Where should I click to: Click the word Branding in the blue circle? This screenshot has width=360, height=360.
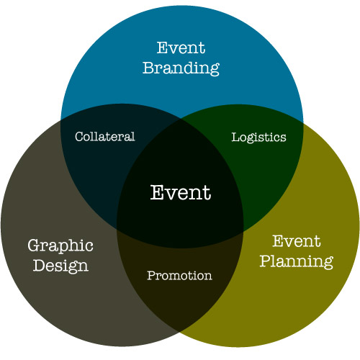point(181,68)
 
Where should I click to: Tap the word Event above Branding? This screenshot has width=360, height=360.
point(181,48)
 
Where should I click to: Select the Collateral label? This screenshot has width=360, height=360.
point(105,137)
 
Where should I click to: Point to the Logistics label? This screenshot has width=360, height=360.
point(258,138)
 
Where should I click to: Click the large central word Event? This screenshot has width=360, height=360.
point(181,192)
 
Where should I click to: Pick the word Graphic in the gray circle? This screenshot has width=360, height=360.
point(60,246)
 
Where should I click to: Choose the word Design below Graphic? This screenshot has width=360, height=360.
point(60,266)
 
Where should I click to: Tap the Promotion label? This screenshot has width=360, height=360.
point(179,276)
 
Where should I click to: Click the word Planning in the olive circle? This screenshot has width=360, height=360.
point(297,261)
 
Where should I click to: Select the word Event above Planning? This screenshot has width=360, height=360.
point(297,241)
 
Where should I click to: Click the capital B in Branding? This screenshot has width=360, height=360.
point(148,68)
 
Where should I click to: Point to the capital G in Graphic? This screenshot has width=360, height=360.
point(35,246)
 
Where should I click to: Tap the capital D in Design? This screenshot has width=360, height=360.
point(39,265)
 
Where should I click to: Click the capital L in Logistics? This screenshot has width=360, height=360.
point(236,137)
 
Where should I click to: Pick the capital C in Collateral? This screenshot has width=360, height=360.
point(79,137)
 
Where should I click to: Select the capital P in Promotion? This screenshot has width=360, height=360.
point(151,276)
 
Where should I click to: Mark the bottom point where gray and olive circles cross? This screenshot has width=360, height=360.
point(180,332)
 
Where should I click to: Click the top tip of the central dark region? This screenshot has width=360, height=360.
point(180,118)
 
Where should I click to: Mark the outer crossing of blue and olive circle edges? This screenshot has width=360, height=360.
point(303,123)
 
